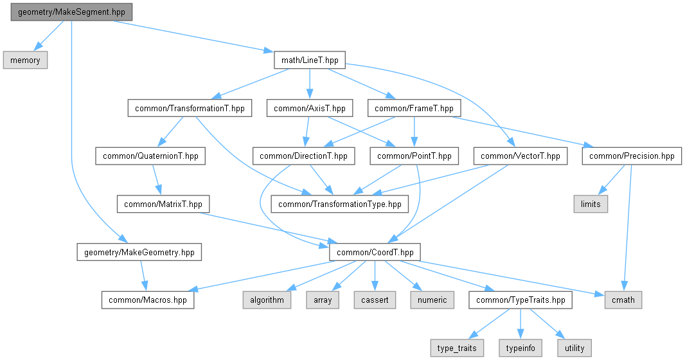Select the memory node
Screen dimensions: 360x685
[x=26, y=60]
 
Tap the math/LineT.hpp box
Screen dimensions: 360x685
[x=310, y=60]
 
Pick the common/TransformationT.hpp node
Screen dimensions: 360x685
[x=190, y=108]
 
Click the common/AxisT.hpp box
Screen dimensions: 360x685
[x=310, y=108]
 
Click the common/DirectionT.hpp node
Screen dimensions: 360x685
[x=304, y=156]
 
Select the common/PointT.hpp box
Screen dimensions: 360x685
[x=414, y=156]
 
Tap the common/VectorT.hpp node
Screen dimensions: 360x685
[x=520, y=156]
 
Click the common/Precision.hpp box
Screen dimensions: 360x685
[x=632, y=156]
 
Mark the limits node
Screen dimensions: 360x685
[x=591, y=204]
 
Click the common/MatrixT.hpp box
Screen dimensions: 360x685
[x=163, y=204]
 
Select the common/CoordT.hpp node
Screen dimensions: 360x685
[x=375, y=252]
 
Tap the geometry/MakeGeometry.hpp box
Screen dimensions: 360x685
[x=139, y=252]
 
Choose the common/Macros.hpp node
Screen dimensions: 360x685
[x=147, y=300]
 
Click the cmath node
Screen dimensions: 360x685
[x=623, y=300]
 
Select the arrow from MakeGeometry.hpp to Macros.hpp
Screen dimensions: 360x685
[x=143, y=276]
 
